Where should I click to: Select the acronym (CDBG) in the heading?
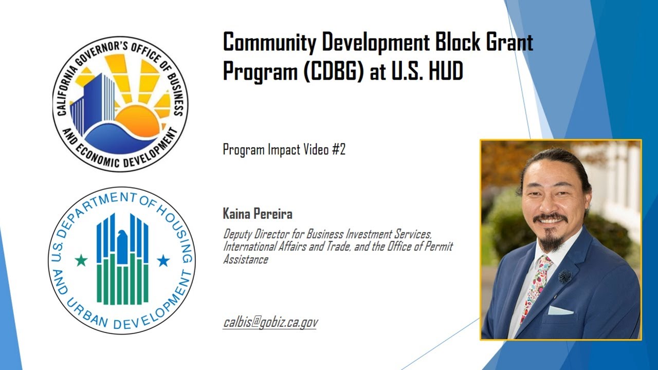(x=332, y=72)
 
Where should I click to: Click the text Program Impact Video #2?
(x=284, y=150)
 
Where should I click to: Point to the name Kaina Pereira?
(x=258, y=214)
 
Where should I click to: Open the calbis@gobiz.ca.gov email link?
(x=270, y=322)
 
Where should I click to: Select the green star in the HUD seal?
(x=81, y=261)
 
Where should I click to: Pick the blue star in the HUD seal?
(x=163, y=261)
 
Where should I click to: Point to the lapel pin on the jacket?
(x=565, y=276)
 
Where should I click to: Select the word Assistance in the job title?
(x=245, y=260)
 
